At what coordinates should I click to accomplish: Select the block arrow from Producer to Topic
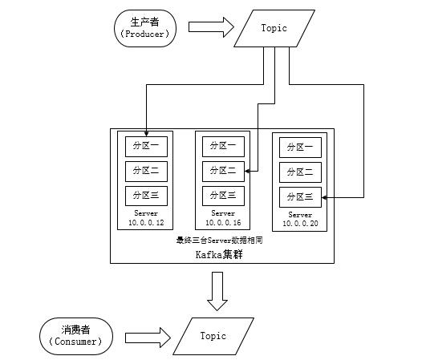point(211,27)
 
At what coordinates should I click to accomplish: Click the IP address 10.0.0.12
point(146,223)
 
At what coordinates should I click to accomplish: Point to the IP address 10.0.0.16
point(223,223)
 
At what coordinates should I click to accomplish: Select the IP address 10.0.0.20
point(300,224)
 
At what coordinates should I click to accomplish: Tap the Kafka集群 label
point(219,254)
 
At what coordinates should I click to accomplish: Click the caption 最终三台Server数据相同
point(219,240)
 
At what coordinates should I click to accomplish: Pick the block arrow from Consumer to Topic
point(148,338)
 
